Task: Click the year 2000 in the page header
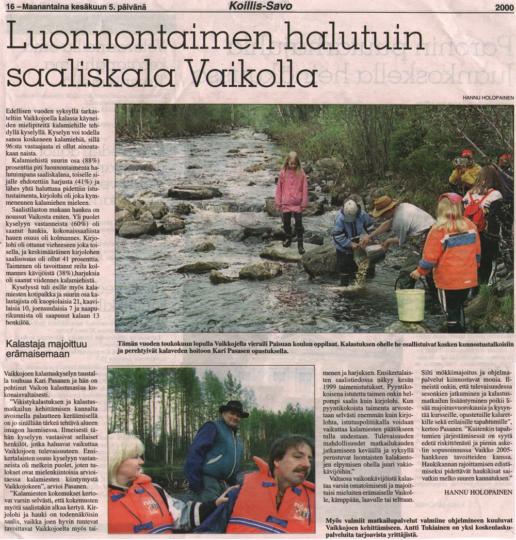[x=504, y=7]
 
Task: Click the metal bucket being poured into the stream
[x=369, y=254]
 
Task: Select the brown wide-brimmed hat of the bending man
[x=384, y=206]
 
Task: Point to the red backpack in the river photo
[x=475, y=209]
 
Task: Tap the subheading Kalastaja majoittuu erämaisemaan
[x=46, y=348]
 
